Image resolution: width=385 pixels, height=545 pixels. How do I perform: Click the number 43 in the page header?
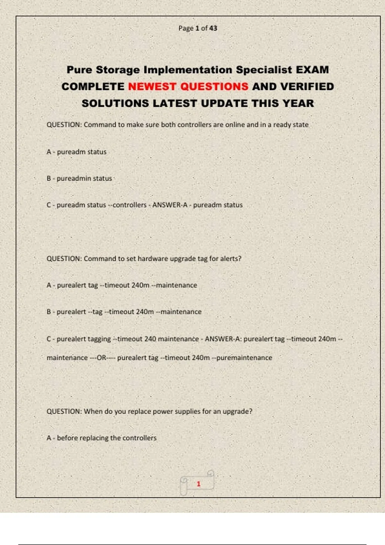[x=213, y=28]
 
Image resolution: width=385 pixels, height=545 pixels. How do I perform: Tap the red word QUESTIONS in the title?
[x=214, y=87]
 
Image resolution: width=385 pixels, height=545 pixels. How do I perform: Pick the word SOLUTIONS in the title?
[x=115, y=104]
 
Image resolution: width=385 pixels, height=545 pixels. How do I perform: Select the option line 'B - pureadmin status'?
[x=79, y=178]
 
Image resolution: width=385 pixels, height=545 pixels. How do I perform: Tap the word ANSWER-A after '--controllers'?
[x=170, y=205]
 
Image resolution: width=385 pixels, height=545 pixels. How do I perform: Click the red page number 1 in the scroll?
[x=199, y=484]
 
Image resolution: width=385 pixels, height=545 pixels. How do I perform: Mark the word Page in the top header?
[x=186, y=28]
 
